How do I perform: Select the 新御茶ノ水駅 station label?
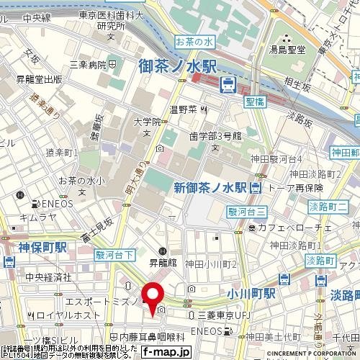pos(211,187)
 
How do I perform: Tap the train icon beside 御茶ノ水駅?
pos(227,85)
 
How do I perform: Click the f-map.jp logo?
pos(165,353)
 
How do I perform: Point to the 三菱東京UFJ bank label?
pos(228,315)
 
